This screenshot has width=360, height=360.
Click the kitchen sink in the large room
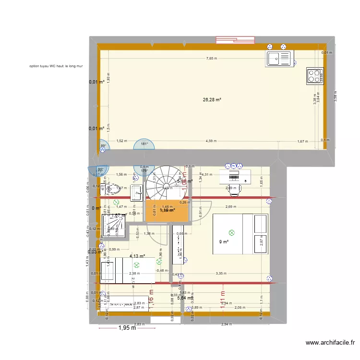pos(279,59)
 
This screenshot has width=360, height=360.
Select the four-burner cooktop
pos(315,76)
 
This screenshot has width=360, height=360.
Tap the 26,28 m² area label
pos(212,100)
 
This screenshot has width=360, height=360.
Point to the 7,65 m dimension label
pos(212,58)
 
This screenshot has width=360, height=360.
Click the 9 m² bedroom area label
pos(223,242)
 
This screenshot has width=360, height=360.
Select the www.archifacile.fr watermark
pos(330,343)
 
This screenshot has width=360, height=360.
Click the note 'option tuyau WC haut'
pos(56,67)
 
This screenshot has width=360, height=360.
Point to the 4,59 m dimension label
pos(211,141)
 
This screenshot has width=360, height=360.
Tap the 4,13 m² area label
pos(137,256)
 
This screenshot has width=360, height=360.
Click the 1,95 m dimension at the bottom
pos(127,328)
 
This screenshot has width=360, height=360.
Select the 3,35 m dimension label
pos(221,273)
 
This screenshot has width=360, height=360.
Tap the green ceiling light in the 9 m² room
pos(232,233)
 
